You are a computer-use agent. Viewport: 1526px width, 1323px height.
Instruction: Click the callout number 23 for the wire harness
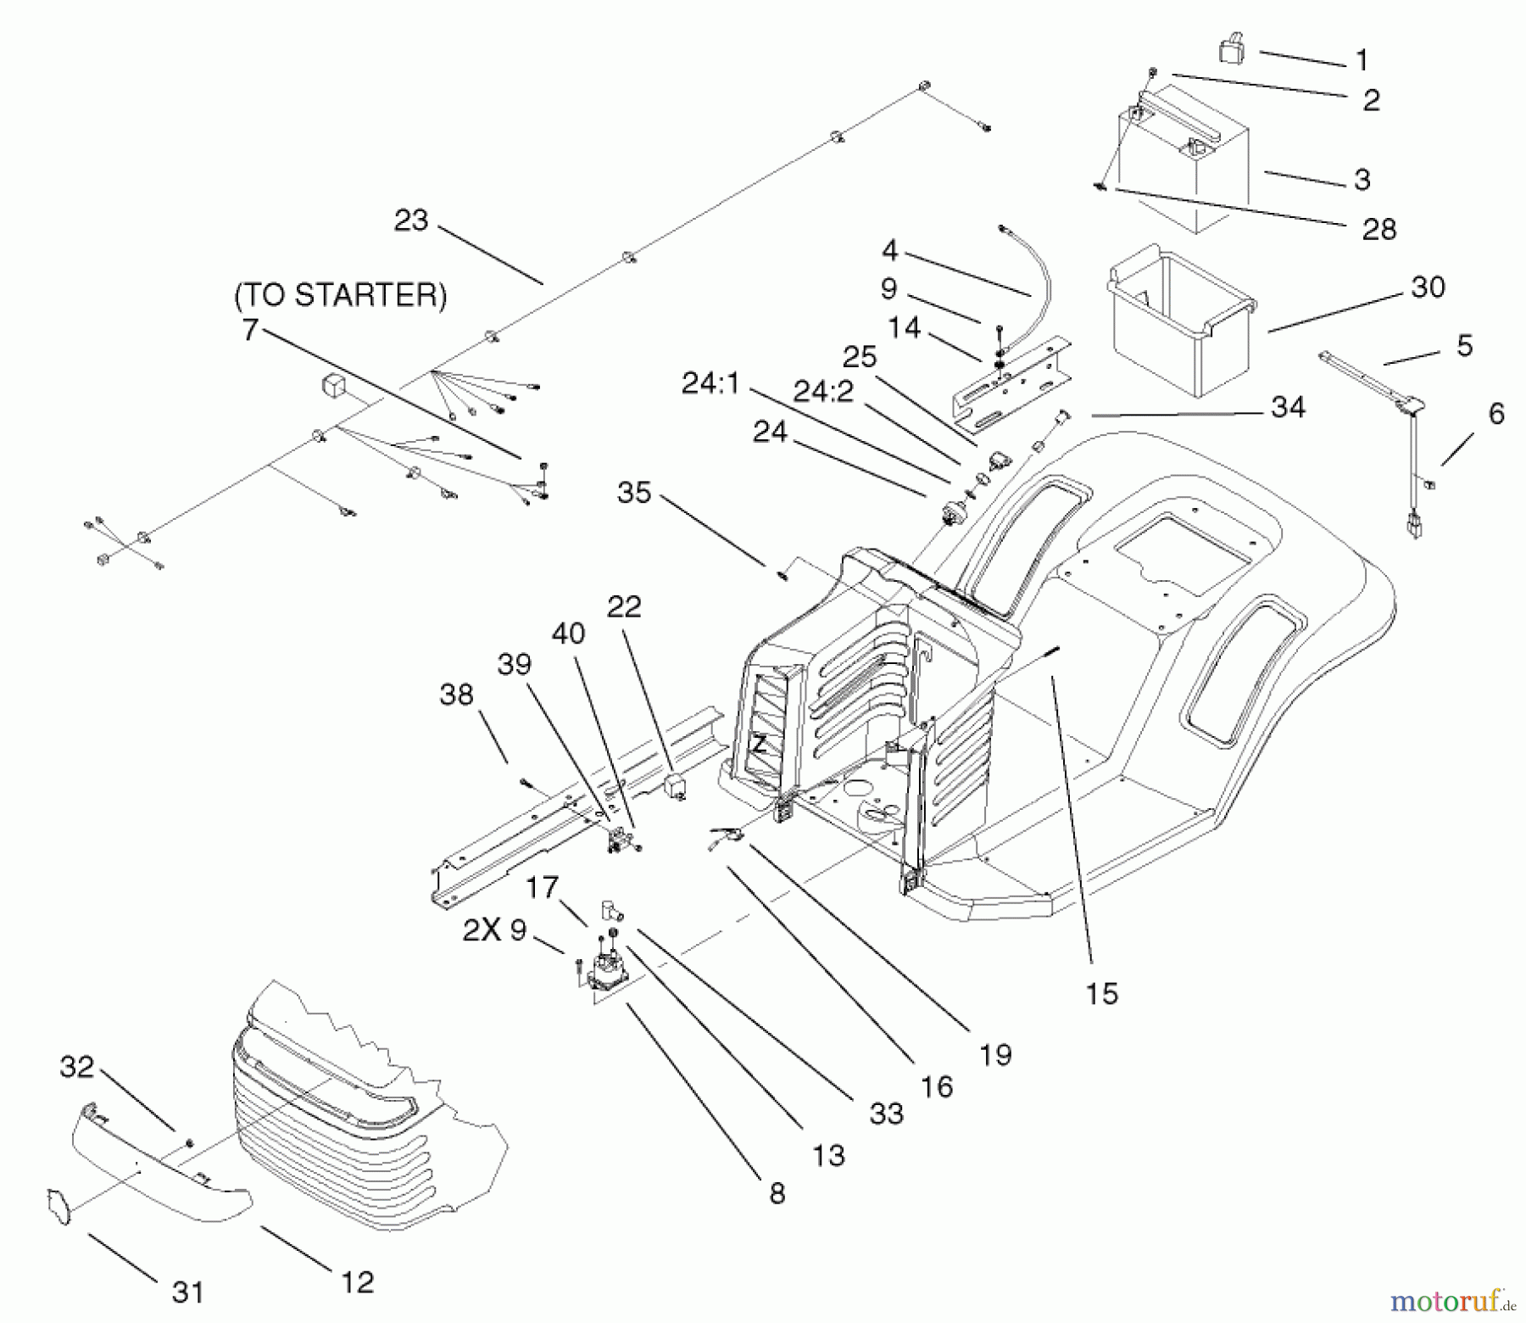[x=412, y=220]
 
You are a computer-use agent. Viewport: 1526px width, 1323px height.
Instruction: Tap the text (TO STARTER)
[x=341, y=295]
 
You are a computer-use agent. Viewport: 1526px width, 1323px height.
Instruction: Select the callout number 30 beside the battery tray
[x=1428, y=287]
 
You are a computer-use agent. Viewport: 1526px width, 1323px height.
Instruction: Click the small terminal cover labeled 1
[x=1231, y=51]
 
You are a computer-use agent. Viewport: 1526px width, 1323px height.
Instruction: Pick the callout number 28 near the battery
[x=1379, y=229]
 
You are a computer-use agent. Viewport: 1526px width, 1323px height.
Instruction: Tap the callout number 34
[x=1288, y=407]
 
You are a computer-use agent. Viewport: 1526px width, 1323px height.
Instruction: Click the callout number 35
[x=634, y=492]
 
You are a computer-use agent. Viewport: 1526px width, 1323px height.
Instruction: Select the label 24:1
[x=710, y=384]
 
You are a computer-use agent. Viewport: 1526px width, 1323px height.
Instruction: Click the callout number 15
[x=1101, y=993]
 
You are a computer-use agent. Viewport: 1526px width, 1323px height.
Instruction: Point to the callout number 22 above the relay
[x=624, y=607]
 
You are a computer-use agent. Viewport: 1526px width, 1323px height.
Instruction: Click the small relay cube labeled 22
[x=676, y=784]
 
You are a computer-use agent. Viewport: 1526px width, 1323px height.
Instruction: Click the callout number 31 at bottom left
[x=188, y=1292]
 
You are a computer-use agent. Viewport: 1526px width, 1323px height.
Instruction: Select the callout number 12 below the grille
[x=357, y=1281]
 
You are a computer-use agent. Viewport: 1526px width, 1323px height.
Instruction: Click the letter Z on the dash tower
[x=760, y=745]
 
